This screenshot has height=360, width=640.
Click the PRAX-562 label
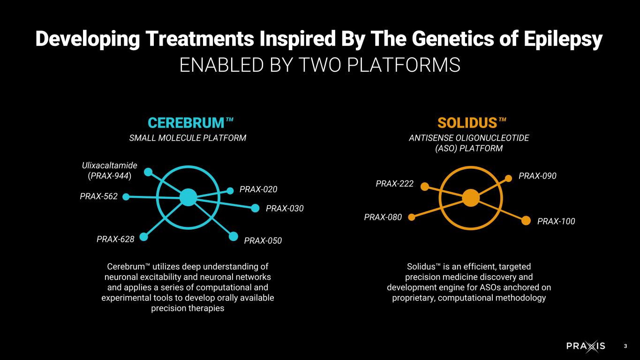pos(98,196)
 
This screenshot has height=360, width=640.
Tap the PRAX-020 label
pos(258,189)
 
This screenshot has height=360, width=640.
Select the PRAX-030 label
pos(285,208)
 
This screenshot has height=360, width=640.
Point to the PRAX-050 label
pos(263,241)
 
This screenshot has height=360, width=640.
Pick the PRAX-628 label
pos(115,239)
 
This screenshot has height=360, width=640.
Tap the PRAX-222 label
pos(395,184)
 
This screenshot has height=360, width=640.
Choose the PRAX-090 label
pos(537,176)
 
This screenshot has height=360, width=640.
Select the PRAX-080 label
pos(383,217)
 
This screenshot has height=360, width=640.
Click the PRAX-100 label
pos(556,221)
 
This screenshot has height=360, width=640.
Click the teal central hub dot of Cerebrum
pos(188,197)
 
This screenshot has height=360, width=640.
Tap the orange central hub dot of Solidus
pos(470,198)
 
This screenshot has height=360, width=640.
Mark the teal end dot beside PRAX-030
pos(255,208)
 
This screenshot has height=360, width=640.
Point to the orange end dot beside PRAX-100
pos(527,220)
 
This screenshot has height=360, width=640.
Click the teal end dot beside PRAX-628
pos(144,237)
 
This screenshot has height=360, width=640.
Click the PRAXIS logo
pos(585,346)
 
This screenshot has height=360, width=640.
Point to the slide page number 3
pos(625,346)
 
